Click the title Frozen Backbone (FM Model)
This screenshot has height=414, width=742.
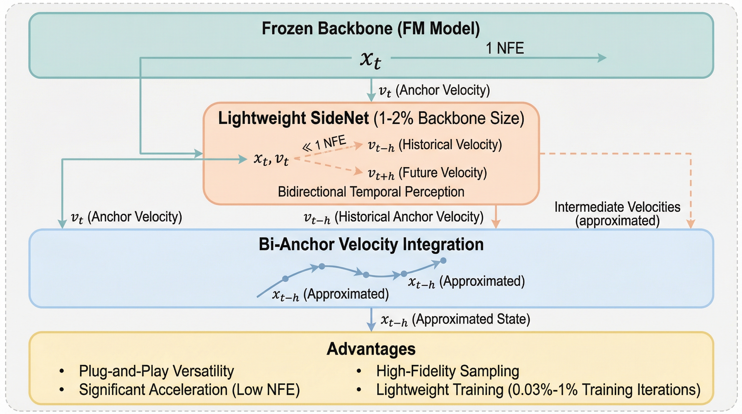pyautogui.click(x=371, y=29)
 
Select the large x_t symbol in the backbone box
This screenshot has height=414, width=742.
pyautogui.click(x=371, y=60)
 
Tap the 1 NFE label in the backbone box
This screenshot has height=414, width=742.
pyautogui.click(x=505, y=48)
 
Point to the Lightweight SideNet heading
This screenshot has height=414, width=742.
pyautogui.click(x=371, y=118)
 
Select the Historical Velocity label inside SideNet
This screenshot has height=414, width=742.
pyautogui.click(x=435, y=145)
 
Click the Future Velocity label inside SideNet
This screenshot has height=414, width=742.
pyautogui.click(x=427, y=173)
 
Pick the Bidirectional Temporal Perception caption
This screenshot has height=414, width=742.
pyautogui.click(x=371, y=192)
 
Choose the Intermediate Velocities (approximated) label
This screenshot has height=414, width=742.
pyautogui.click(x=617, y=214)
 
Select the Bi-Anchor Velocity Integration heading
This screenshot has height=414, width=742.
pyautogui.click(x=371, y=244)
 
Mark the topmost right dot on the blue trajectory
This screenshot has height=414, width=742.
pyautogui.click(x=443, y=261)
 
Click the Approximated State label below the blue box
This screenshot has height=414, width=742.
pyautogui.click(x=455, y=320)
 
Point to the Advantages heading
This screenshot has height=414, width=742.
pyautogui.click(x=371, y=349)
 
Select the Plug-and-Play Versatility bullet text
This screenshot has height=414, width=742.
pyautogui.click(x=156, y=371)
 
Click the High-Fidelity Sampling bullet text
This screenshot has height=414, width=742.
pyautogui.click(x=448, y=371)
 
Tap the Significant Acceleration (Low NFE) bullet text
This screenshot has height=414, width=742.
pyautogui.click(x=189, y=390)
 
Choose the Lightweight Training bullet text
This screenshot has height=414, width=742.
pyautogui.click(x=538, y=390)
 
